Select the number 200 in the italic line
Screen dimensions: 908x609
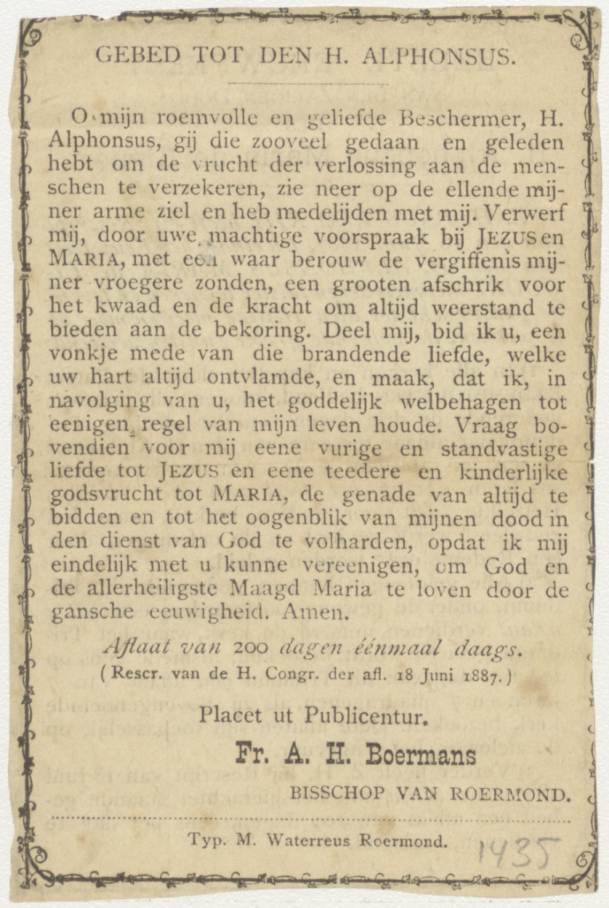(255, 646)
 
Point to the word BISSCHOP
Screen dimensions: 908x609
(335, 794)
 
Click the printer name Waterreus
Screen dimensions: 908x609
(310, 840)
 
